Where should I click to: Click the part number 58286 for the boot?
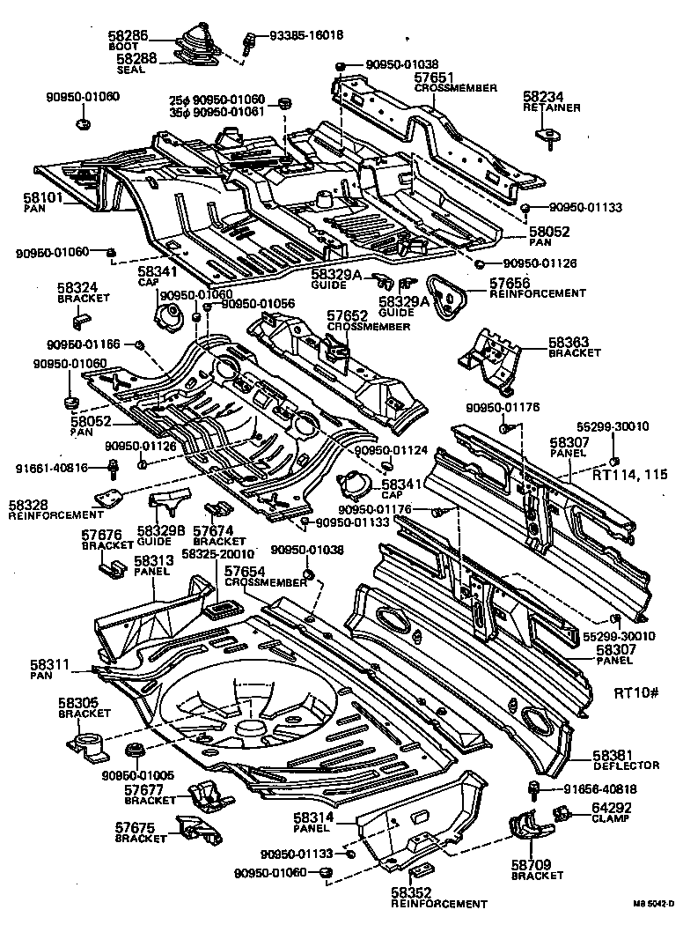click(129, 35)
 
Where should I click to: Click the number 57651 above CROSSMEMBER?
click(435, 78)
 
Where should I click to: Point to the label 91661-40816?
click(50, 468)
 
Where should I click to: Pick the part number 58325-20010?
click(217, 554)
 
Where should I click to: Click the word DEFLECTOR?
click(620, 766)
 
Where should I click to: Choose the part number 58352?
click(415, 892)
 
